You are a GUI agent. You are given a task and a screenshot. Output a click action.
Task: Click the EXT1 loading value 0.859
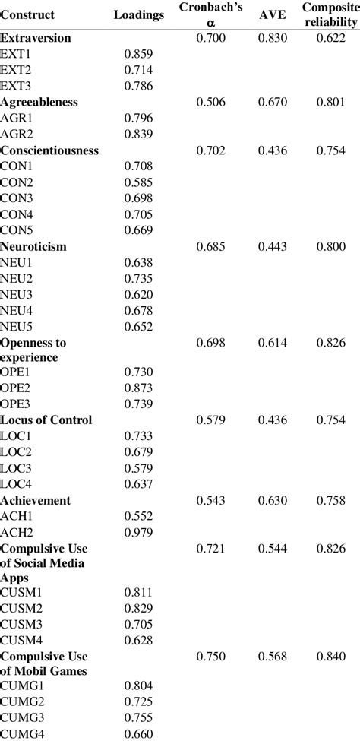[x=138, y=55]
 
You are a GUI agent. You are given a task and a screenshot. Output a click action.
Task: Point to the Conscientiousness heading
[x=50, y=150]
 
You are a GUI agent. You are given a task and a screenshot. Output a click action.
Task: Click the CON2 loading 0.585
[x=138, y=183]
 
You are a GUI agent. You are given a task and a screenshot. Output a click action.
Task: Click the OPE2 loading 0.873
[x=138, y=388]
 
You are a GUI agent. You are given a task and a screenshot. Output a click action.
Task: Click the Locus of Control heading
[x=46, y=420]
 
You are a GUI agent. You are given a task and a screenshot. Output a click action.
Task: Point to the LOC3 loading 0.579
[x=138, y=467]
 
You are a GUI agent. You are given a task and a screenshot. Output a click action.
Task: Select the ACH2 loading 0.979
[x=138, y=532]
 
